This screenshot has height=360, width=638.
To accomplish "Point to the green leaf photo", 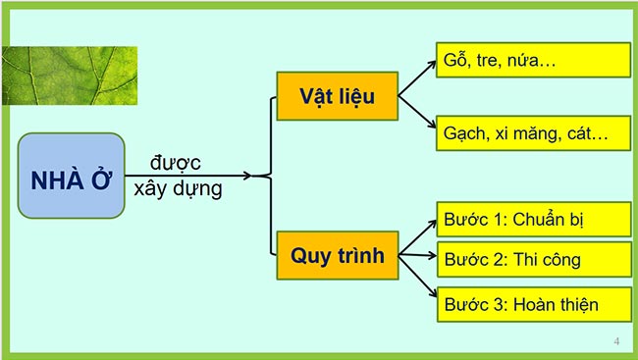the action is click(x=69, y=75).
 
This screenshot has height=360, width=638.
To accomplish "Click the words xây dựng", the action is click(x=179, y=186).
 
